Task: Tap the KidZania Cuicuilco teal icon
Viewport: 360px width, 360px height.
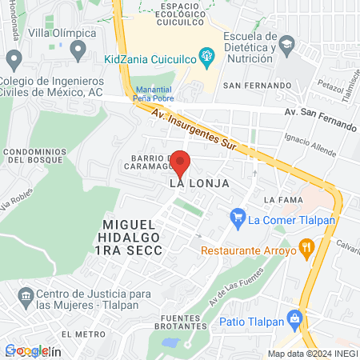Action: (207, 55)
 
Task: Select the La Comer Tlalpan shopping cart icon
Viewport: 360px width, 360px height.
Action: (237, 216)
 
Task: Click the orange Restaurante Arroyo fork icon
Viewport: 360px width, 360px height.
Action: (306, 249)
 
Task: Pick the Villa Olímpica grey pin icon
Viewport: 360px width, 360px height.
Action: (78, 51)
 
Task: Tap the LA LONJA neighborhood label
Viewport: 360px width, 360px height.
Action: (199, 183)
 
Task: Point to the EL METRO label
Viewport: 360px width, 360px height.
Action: (83, 334)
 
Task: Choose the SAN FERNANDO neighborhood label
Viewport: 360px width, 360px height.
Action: (258, 86)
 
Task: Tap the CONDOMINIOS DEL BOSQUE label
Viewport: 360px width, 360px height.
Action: (33, 155)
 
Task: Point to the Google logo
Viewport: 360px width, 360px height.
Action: (26, 350)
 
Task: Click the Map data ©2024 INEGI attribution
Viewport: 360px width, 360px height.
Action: (312, 354)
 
